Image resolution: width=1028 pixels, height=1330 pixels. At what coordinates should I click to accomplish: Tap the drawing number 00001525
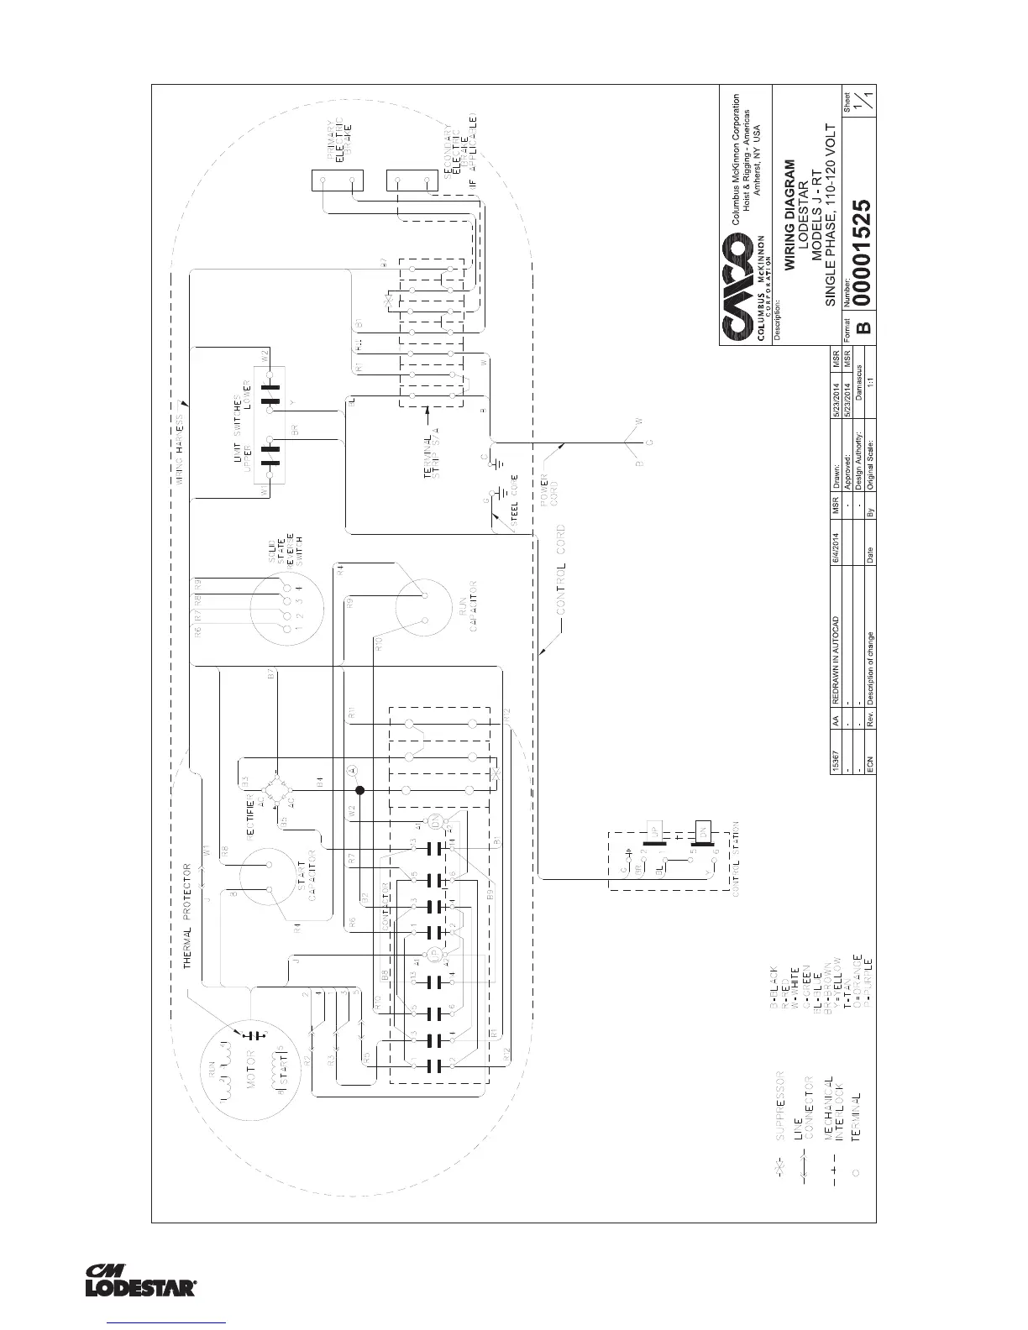863,253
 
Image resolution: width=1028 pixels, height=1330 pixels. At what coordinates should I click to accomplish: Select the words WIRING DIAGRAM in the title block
789,214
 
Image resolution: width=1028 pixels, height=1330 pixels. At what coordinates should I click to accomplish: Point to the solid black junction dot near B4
359,790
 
